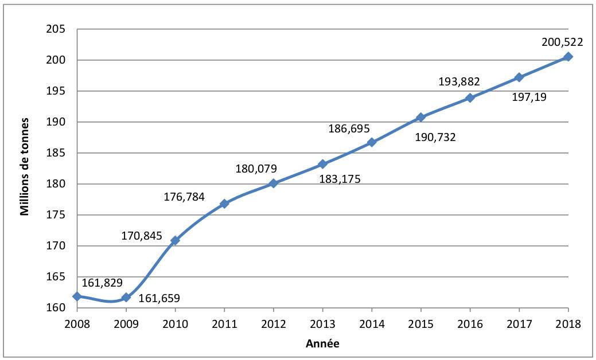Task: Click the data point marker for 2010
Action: coord(175,240)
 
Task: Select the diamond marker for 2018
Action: coord(568,57)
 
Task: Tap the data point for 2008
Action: coord(77,296)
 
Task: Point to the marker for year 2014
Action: coord(371,142)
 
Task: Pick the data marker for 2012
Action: coord(273,183)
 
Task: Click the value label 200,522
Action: coord(562,42)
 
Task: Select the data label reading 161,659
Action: coord(159,298)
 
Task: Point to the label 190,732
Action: coord(435,137)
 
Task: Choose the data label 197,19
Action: coord(529,97)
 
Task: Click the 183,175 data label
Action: coord(340,179)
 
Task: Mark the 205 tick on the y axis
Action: coord(54,29)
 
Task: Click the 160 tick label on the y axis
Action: coord(54,308)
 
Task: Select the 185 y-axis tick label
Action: coord(54,153)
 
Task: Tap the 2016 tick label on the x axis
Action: coord(469,324)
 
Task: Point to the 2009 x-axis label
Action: coord(126,324)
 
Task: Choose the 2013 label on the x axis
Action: coord(322,324)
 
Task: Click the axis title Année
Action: coord(322,344)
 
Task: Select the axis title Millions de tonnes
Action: coord(25,168)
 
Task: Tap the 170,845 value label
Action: coord(141,236)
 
